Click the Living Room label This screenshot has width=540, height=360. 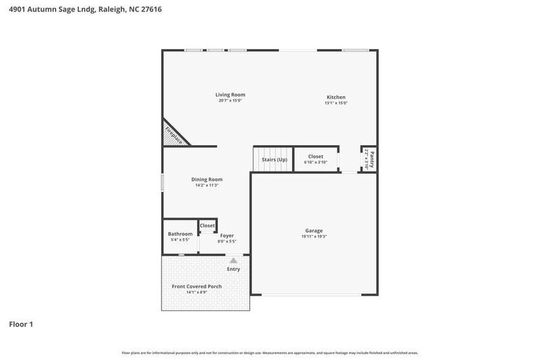[x=230, y=95]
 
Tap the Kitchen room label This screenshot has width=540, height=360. [x=336, y=97]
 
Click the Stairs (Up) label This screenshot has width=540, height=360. [x=274, y=160]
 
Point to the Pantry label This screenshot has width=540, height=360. [x=371, y=159]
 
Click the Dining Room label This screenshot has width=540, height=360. [x=206, y=179]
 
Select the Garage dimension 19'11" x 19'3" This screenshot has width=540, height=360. [x=314, y=236]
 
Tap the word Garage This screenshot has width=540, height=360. [x=314, y=231]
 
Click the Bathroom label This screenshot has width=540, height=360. [x=180, y=234]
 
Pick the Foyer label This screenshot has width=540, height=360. [x=227, y=236]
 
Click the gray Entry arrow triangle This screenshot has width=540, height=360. [x=233, y=260]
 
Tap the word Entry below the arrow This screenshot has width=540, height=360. [x=233, y=269]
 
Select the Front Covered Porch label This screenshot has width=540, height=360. [x=197, y=287]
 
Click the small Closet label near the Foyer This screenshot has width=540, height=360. [x=207, y=225]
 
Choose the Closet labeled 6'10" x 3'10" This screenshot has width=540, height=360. [x=315, y=157]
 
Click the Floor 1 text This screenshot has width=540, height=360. [x=21, y=324]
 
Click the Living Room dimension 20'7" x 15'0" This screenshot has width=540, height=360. [x=230, y=100]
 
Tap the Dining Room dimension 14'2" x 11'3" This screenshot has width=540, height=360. [x=206, y=185]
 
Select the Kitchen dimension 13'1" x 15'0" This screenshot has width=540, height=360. [x=336, y=103]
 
